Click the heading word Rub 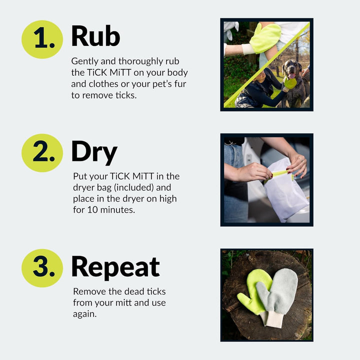tap(95, 36)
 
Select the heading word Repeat tap(115, 267)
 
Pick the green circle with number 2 tap(42, 153)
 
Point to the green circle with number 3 tap(42, 268)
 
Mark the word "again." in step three tap(84, 313)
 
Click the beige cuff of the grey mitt tap(274, 318)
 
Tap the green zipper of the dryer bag tap(281, 172)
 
